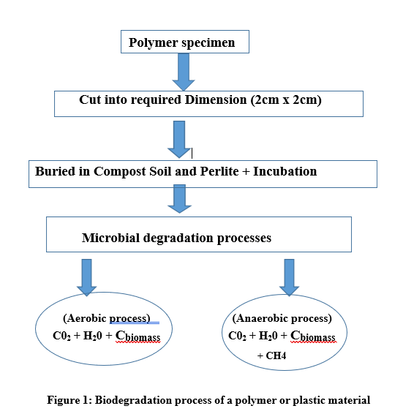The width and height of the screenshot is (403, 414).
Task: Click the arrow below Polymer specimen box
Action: click(x=184, y=72)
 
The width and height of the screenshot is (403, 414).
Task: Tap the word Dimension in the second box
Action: click(x=216, y=99)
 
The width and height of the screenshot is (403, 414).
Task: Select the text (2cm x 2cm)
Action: click(x=286, y=100)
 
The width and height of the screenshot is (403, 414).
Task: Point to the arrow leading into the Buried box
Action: click(x=179, y=140)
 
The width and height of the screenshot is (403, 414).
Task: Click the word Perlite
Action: click(x=219, y=171)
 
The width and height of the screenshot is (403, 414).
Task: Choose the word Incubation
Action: click(x=285, y=171)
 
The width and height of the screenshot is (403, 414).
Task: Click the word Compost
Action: click(x=120, y=172)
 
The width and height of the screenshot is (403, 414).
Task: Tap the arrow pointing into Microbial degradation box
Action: click(x=180, y=199)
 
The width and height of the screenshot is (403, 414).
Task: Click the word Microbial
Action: click(x=110, y=238)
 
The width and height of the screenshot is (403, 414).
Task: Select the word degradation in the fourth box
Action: click(x=178, y=238)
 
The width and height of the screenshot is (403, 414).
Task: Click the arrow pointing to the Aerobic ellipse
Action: click(x=86, y=277)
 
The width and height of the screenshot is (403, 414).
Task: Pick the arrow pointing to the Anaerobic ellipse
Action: click(x=289, y=277)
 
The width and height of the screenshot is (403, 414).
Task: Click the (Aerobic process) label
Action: click(x=107, y=318)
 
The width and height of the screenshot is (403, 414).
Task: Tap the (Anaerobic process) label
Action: click(x=282, y=318)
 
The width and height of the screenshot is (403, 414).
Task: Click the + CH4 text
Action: click(x=272, y=355)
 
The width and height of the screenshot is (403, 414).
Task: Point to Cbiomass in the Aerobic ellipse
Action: click(x=138, y=336)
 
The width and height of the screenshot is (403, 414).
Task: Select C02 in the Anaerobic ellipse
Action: click(x=237, y=336)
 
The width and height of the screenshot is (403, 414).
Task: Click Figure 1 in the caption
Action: click(x=69, y=400)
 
